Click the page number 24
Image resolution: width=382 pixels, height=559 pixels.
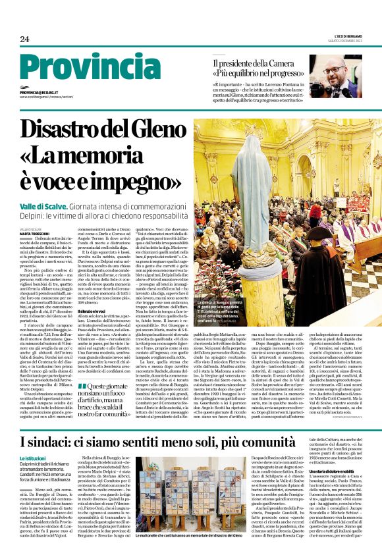(24, 39)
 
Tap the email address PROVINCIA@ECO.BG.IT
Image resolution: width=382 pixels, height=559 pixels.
(41, 93)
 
